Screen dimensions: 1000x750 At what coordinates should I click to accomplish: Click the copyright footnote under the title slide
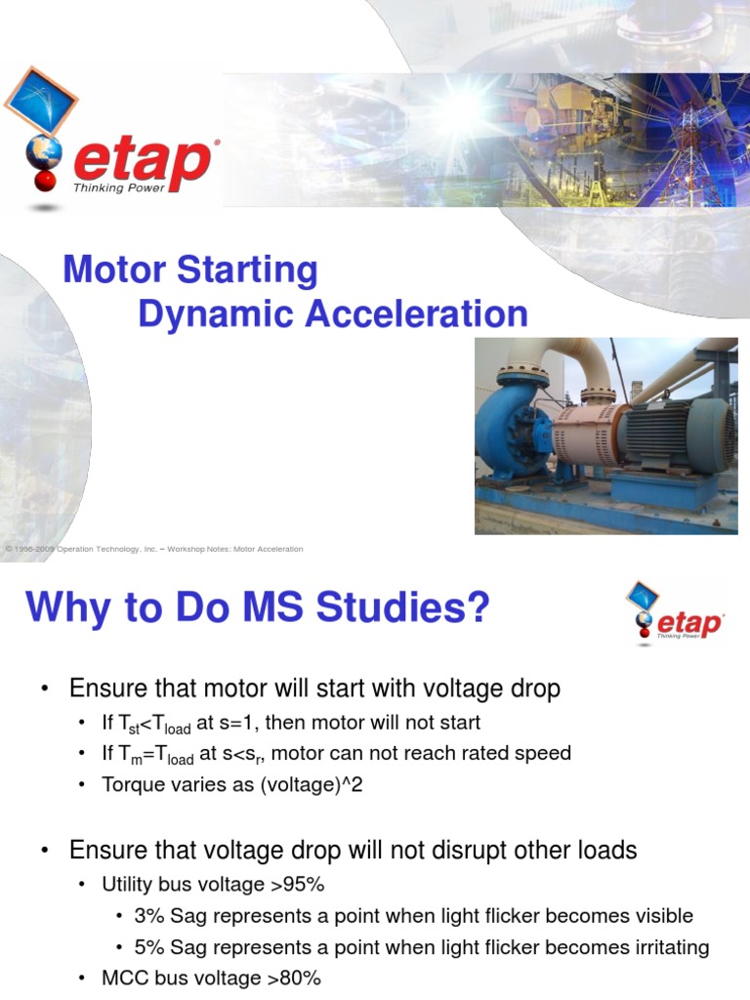154,549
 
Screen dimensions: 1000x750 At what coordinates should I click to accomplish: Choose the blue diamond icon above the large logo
40,101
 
